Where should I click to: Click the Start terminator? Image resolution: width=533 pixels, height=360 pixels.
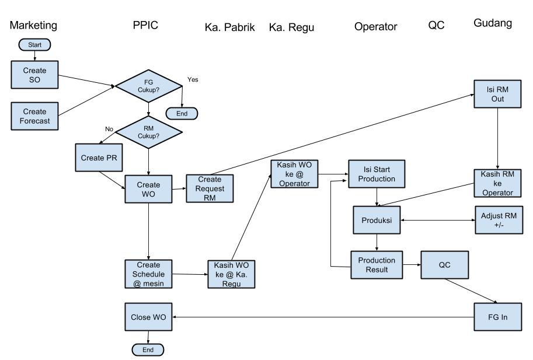pos(36,44)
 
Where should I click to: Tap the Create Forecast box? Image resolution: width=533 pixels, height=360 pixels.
pos(36,116)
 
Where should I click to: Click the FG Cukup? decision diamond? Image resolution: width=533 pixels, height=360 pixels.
pos(149,86)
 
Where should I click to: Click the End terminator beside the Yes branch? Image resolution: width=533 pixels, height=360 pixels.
pos(182,113)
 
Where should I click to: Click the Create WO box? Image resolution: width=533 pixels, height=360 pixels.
pos(149,188)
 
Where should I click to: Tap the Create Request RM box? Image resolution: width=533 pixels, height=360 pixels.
pos(210,188)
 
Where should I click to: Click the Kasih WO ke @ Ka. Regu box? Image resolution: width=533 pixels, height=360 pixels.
pos(232,274)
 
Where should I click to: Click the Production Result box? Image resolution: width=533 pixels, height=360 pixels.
pos(376,264)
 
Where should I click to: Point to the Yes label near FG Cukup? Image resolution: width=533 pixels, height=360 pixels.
pos(193,79)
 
